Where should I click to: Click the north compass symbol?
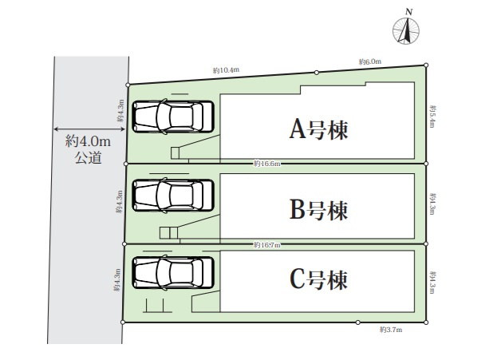click(407, 30)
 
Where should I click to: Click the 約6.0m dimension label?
click(370, 61)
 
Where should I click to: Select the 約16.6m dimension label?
click(267, 164)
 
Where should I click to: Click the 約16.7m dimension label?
click(267, 243)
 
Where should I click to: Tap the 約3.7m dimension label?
click(391, 329)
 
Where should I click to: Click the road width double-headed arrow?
click(89, 128)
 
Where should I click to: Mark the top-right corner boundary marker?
click(426, 65)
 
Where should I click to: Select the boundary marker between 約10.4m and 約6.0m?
click(317, 73)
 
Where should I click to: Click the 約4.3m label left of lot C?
click(117, 282)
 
